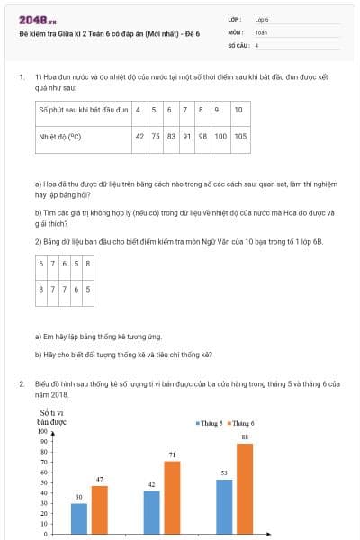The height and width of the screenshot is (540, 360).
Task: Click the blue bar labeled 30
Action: tap(79, 517)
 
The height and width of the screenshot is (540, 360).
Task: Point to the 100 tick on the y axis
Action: tap(42, 431)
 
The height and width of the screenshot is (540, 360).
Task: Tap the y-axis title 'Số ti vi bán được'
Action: tap(52, 416)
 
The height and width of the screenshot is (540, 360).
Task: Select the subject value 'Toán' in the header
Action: tap(261, 31)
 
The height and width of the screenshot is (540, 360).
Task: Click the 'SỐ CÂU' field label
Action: tap(237, 44)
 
